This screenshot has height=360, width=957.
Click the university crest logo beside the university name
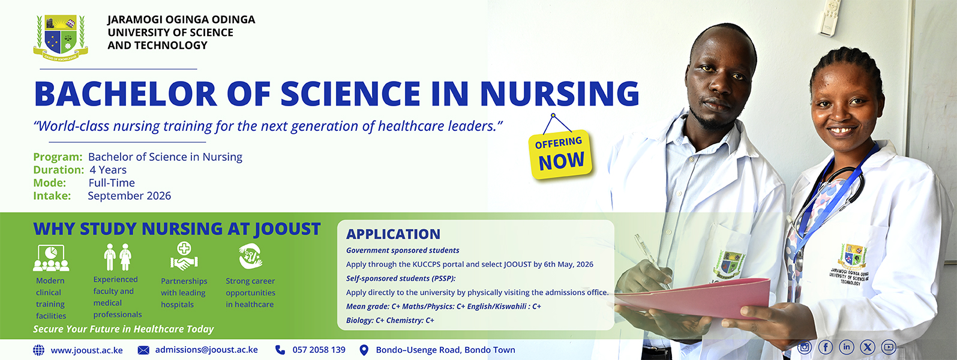pos(61,38)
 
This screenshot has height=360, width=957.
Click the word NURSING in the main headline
pos(560,94)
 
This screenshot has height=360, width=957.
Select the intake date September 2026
pos(130,196)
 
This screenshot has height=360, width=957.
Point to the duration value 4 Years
pos(108,170)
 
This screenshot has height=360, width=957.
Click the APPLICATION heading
pos(393,234)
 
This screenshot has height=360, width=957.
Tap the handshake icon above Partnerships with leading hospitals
pos(184,256)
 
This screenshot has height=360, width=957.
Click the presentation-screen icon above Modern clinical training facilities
pos(51,258)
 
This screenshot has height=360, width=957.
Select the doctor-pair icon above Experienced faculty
pos(118,257)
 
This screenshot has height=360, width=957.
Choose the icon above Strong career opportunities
pos(250,256)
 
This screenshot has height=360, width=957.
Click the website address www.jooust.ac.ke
pos(87,350)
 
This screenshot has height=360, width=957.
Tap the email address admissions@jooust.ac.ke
pos(206,350)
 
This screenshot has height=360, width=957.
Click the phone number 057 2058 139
pos(319,350)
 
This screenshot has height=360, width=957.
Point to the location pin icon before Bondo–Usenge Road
pos(364,350)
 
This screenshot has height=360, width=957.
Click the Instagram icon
pos(805,347)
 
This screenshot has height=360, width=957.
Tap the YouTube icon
pos(889,347)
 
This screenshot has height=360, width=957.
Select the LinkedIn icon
pos(847,347)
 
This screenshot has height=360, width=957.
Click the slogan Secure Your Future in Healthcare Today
pos(124,329)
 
